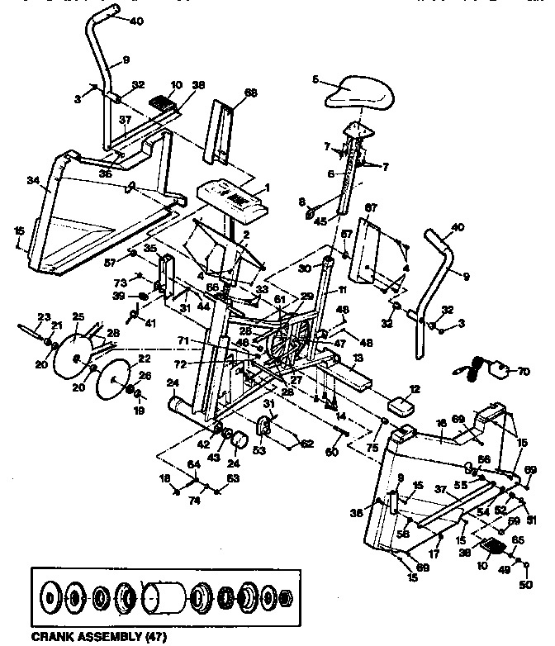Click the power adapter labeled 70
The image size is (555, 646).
[497, 368]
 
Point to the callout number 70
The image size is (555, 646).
[523, 373]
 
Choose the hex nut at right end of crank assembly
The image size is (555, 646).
[283, 597]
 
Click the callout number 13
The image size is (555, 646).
[358, 360]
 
